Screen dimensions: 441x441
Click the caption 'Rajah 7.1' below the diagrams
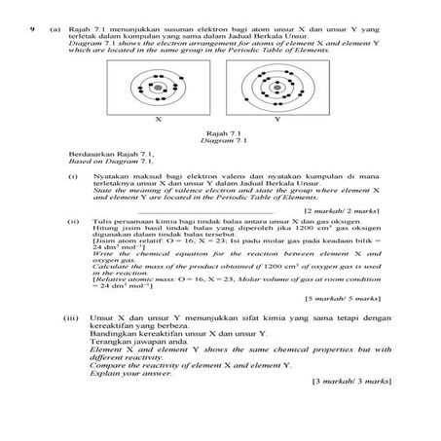[217, 132]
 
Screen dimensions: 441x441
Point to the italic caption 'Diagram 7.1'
[217, 140]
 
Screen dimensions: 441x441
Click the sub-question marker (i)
[74, 177]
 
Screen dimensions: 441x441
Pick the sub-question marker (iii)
[71, 318]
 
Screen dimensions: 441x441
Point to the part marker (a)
[55, 31]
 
